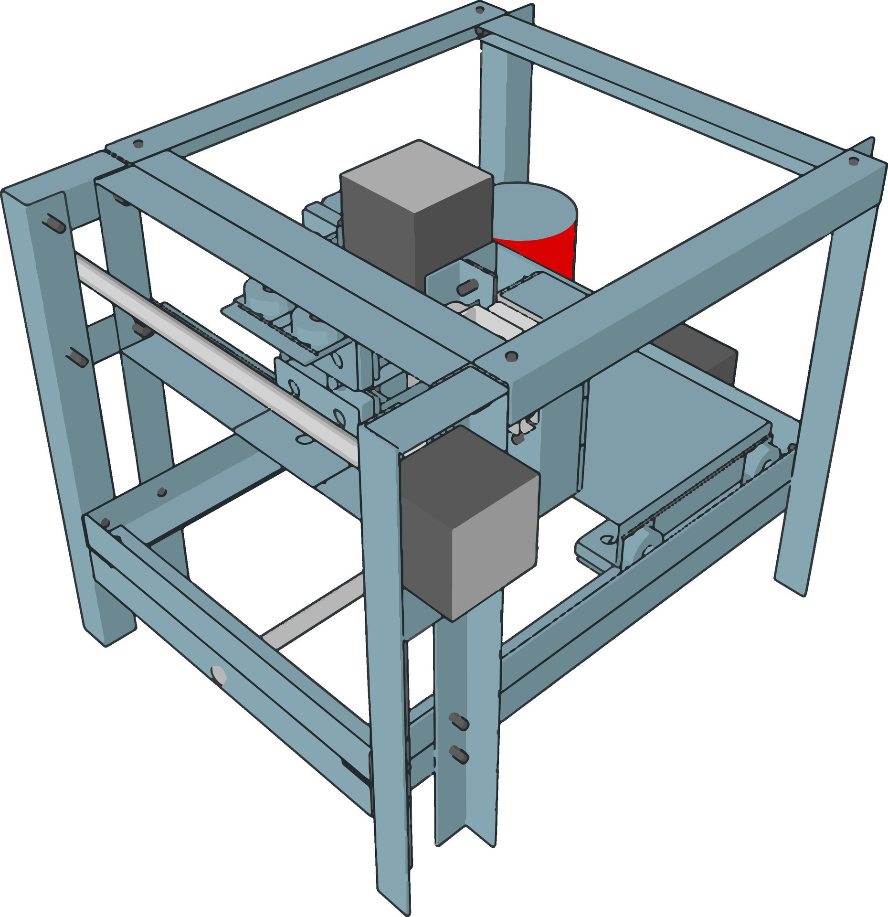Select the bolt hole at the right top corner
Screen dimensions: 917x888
click(x=853, y=161)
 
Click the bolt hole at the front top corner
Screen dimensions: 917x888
click(x=511, y=356)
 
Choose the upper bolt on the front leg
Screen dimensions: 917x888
click(x=459, y=722)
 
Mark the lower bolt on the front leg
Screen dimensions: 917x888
click(x=459, y=754)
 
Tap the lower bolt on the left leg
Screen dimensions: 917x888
click(x=77, y=357)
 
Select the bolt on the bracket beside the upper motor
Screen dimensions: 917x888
click(x=467, y=287)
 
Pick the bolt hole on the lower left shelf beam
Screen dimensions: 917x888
click(x=161, y=491)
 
